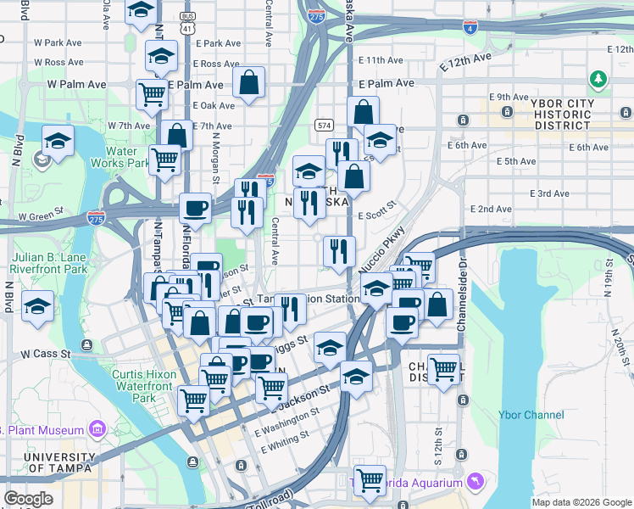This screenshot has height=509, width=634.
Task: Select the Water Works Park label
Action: coord(121,157)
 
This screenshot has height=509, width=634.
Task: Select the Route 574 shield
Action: coord(324,126)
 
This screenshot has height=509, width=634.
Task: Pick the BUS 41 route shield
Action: coord(186,23)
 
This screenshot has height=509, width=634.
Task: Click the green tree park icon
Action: coord(599,80)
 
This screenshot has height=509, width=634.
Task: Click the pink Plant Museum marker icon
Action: coord(96,429)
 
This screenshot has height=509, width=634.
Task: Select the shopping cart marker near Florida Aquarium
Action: coord(370,480)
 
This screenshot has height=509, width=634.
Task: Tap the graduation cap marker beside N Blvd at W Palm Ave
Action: coord(58,143)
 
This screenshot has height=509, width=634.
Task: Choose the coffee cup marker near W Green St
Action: coord(195,209)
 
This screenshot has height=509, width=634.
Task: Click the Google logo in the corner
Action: coord(28,499)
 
